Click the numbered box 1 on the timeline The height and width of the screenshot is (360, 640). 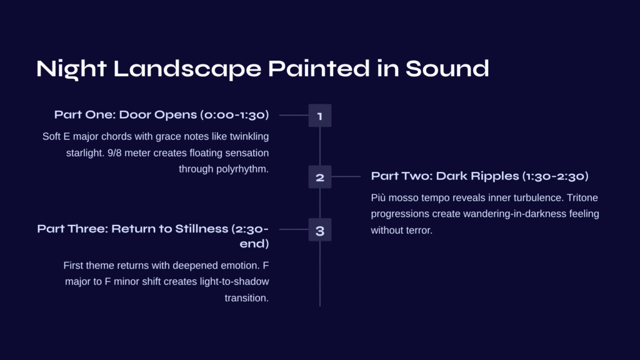(x=320, y=116)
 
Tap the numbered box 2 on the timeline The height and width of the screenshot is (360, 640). (x=320, y=177)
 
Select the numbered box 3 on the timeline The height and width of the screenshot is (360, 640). (x=320, y=230)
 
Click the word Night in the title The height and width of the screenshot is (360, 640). (x=71, y=69)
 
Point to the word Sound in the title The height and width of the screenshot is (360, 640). (x=447, y=69)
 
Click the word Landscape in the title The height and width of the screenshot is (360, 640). (x=187, y=69)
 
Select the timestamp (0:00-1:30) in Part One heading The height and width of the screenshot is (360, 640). (x=234, y=115)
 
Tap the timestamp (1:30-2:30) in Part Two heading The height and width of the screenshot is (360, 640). (x=555, y=176)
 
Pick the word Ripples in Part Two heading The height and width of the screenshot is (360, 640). (x=494, y=176)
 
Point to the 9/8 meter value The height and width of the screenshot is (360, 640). (x=115, y=153)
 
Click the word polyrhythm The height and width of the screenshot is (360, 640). (x=242, y=169)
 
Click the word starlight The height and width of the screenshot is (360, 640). (x=85, y=153)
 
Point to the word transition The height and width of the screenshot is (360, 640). (x=246, y=298)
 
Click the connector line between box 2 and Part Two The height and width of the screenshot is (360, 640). (x=346, y=177)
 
